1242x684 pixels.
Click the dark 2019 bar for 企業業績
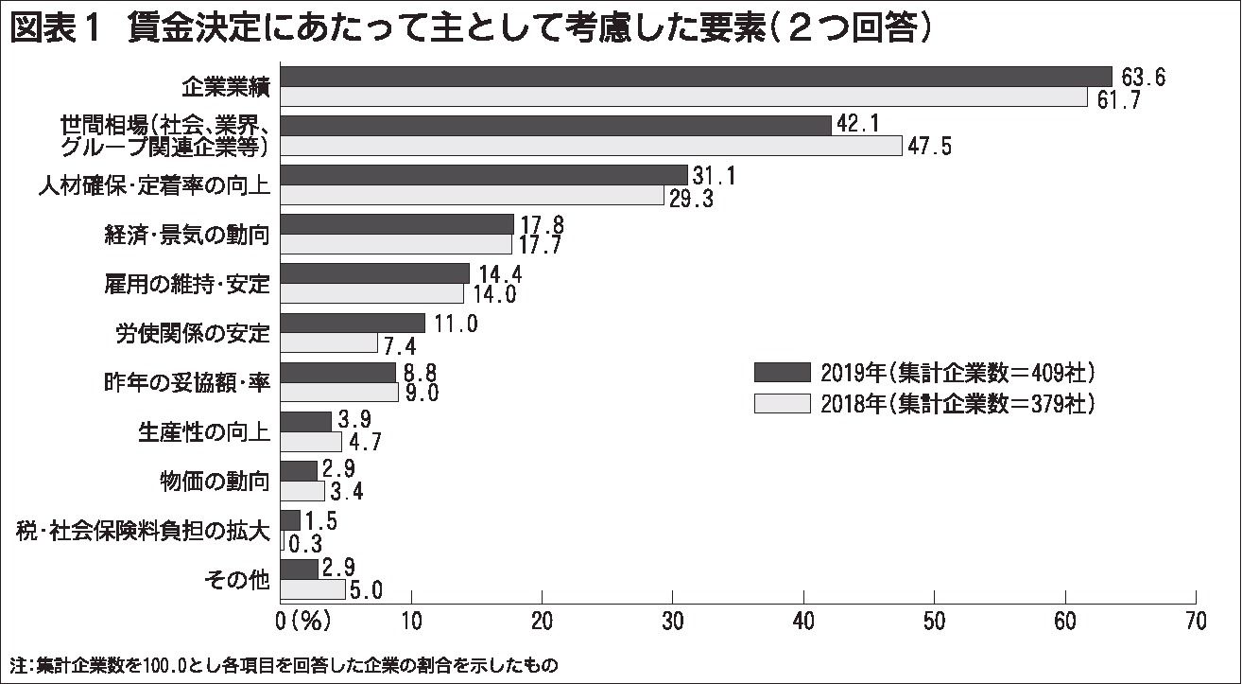pyautogui.click(x=697, y=77)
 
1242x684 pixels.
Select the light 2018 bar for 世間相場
pyautogui.click(x=592, y=146)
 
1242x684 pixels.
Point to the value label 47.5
pyautogui.click(x=932, y=147)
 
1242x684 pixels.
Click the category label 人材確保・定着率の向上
pyautogui.click(x=154, y=185)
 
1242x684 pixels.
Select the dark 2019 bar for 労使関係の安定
pyautogui.click(x=354, y=323)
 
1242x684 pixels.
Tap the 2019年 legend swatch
pyautogui.click(x=783, y=371)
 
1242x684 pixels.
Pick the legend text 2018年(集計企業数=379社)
pyautogui.click(x=957, y=404)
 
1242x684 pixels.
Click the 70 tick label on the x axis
pyautogui.click(x=1196, y=621)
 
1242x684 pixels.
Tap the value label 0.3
pyautogui.click(x=304, y=542)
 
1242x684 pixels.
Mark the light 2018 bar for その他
pyautogui.click(x=314, y=589)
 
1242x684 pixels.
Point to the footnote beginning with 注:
pyautogui.click(x=284, y=664)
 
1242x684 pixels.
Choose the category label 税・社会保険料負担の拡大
pyautogui.click(x=144, y=531)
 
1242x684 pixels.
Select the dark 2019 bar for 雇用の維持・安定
pyautogui.click(x=375, y=273)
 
